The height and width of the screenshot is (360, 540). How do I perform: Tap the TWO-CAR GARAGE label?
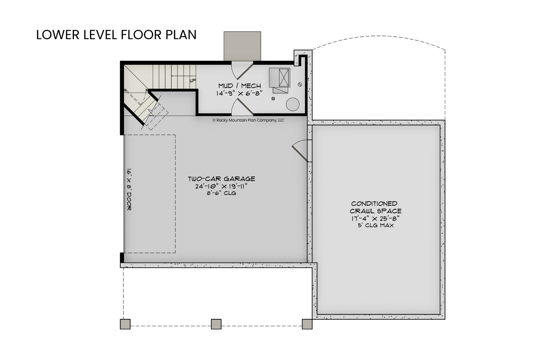[221, 179]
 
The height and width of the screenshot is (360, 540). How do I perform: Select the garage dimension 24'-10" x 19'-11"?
[221, 186]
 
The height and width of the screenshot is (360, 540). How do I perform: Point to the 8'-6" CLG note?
[221, 193]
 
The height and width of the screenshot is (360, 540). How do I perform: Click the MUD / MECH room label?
[239, 86]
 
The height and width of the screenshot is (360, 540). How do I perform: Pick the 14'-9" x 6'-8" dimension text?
[239, 94]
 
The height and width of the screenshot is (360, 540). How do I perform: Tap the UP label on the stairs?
[193, 80]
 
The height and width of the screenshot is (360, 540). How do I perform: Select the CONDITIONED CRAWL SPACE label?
[376, 207]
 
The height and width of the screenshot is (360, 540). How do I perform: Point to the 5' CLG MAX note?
[376, 225]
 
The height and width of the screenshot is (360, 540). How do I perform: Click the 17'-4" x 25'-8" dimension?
[376, 218]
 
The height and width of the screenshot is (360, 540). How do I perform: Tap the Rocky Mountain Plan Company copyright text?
[248, 120]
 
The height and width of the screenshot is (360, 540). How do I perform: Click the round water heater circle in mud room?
[293, 105]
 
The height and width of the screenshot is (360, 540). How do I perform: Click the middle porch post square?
[216, 324]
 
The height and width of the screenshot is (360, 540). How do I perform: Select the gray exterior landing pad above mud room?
[242, 46]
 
